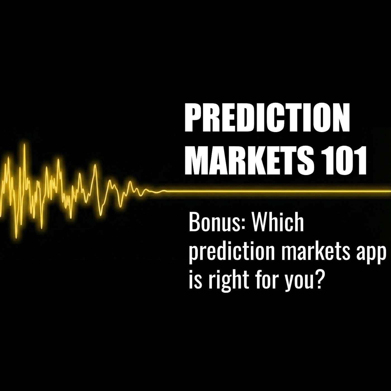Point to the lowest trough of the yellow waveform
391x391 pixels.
point(16,237)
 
